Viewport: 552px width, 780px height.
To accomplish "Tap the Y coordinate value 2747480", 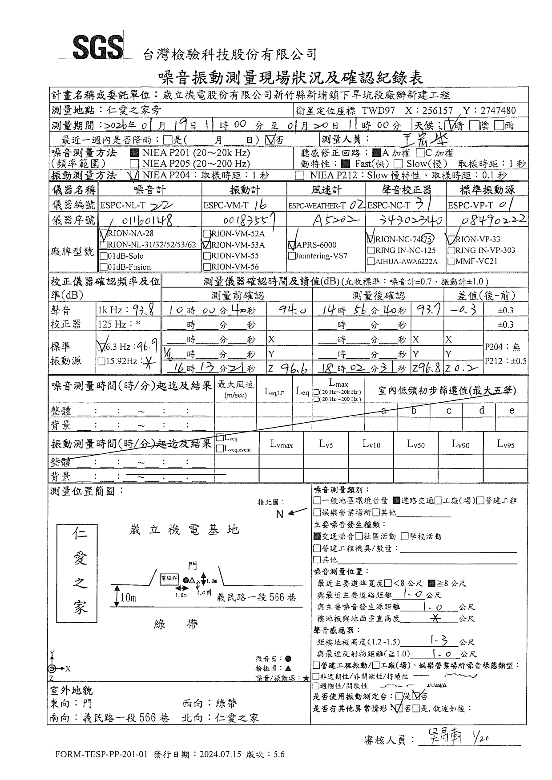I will [x=497, y=111].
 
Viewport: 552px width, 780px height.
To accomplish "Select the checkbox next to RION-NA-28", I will [x=104, y=234].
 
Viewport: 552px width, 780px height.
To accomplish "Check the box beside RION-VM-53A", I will [x=207, y=244].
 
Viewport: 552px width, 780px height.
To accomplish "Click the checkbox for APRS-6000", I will [x=292, y=245].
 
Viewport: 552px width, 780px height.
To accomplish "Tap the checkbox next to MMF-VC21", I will [x=451, y=261].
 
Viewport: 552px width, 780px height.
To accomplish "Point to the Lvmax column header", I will [x=281, y=444].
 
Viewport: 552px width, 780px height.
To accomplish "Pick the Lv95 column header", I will [x=505, y=444].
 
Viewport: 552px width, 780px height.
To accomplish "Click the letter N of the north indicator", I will [x=279, y=514].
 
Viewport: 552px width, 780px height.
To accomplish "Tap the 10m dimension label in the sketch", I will [x=128, y=598].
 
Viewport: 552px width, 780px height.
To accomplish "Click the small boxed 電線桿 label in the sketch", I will [x=169, y=579].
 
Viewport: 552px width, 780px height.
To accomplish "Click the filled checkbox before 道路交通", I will [x=397, y=500].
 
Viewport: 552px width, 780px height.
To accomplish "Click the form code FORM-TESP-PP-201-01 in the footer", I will [x=101, y=754].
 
